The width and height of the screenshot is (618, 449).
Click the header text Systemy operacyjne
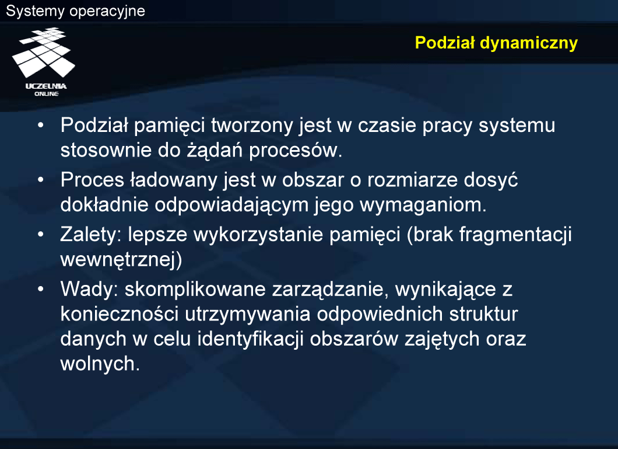[x=75, y=11]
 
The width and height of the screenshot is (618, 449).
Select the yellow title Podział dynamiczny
[x=496, y=43]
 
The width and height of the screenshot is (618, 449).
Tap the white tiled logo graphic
[x=43, y=52]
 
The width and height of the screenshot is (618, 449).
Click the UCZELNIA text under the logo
[x=46, y=86]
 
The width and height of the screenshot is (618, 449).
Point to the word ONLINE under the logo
[x=47, y=94]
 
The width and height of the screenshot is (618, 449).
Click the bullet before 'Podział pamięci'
[x=41, y=126]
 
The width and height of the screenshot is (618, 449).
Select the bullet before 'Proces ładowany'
[x=41, y=180]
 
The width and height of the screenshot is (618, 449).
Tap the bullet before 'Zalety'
[x=41, y=234]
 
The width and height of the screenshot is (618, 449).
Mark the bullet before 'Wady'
[x=41, y=289]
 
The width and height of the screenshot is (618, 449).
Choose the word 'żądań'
[x=215, y=150]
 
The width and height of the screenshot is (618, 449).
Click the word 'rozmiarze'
[x=412, y=180]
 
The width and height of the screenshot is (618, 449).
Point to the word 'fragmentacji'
[x=515, y=234]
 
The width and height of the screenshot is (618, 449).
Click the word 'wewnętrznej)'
[x=121, y=260]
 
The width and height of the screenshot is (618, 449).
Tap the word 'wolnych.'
[x=100, y=364]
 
